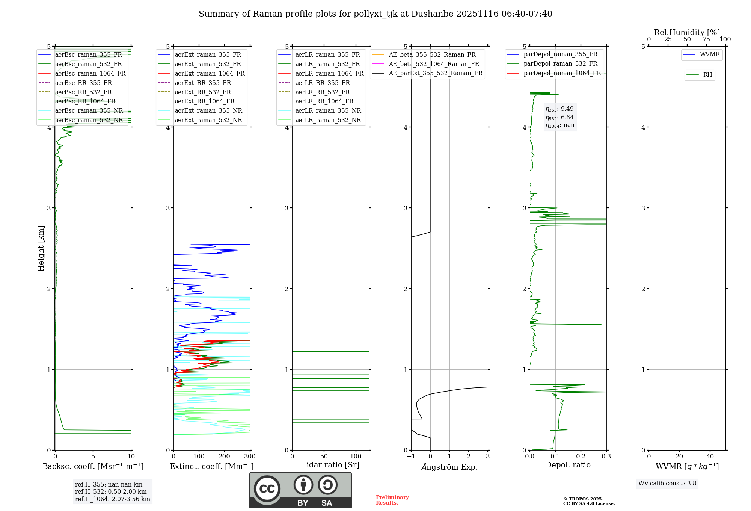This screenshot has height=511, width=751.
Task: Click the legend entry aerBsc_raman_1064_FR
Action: (x=90, y=73)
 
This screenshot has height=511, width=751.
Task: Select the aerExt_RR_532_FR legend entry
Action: (x=203, y=92)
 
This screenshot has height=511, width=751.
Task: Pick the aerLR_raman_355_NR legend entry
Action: (x=328, y=110)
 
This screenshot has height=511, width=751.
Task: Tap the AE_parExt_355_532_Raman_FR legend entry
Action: (x=435, y=73)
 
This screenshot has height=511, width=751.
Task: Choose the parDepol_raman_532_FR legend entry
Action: (x=560, y=64)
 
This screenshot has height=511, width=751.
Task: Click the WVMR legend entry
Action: (x=710, y=54)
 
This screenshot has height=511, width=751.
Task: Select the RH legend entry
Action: (x=707, y=75)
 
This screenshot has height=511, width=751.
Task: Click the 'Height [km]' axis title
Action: (x=41, y=248)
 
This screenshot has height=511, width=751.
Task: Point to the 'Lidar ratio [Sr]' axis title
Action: (x=330, y=465)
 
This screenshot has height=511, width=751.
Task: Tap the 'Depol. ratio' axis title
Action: (x=568, y=465)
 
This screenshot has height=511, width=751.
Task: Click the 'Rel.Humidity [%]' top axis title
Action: (x=687, y=32)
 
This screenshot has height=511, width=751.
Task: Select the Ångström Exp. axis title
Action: (x=449, y=467)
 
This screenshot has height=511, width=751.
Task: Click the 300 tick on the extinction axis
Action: (x=250, y=457)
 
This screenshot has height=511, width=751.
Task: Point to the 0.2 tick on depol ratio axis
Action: (x=581, y=457)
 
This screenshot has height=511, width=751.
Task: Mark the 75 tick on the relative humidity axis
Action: (x=706, y=39)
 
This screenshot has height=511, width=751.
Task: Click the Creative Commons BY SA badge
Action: (x=300, y=490)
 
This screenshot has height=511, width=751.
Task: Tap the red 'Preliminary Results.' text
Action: (x=392, y=500)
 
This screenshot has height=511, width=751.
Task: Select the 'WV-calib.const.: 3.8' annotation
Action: (x=667, y=484)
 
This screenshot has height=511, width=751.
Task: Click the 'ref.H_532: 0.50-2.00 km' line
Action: (x=111, y=492)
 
